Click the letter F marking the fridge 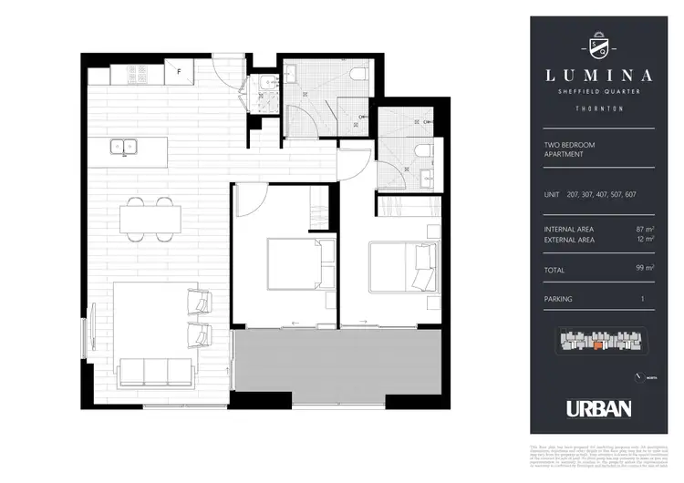point(181,70)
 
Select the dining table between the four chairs point(150,219)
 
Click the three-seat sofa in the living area point(155,371)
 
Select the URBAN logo point(598,409)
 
